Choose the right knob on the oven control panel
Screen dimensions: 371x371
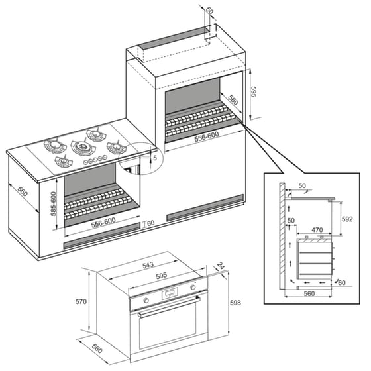pyautogui.click(x=194, y=288)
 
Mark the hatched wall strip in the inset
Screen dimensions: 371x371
pyautogui.click(x=281, y=232)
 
